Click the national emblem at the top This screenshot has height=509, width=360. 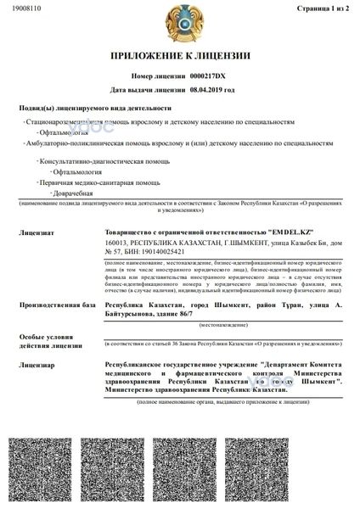180,25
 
